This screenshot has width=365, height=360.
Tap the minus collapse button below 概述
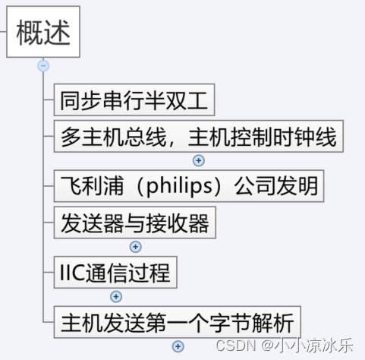(x=43, y=66)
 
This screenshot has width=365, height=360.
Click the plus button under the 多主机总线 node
(x=200, y=160)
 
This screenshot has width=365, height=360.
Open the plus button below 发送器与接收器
(x=136, y=247)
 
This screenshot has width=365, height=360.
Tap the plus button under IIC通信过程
(x=116, y=296)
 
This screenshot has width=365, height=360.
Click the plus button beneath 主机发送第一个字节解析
(x=178, y=346)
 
